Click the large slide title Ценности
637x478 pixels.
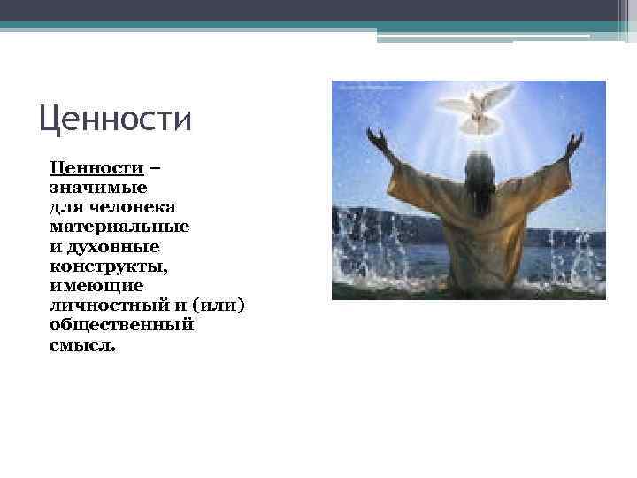point(115,119)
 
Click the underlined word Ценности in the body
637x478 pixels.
point(96,167)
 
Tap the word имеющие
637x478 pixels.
point(96,285)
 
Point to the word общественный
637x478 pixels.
point(121,325)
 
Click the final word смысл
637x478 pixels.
point(82,344)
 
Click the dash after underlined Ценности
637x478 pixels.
point(155,167)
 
